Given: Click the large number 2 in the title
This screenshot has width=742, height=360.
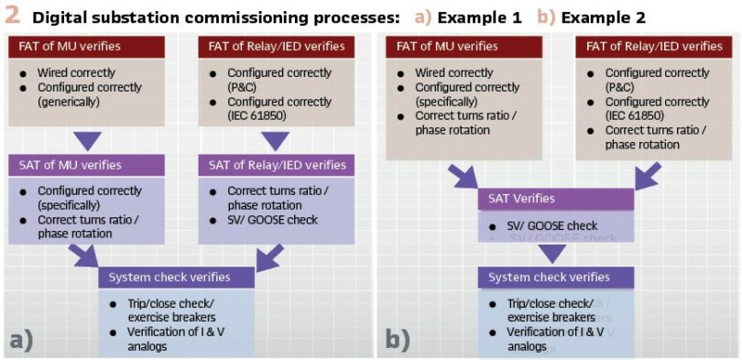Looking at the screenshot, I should [x=12, y=16].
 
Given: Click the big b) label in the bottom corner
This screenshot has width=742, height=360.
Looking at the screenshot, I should [x=397, y=340].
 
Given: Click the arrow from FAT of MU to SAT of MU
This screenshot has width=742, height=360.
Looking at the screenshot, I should [x=87, y=140].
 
